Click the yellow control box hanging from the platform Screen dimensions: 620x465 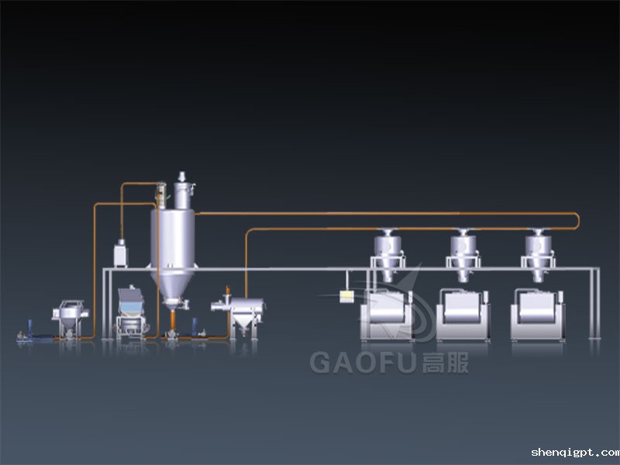coord(346,297)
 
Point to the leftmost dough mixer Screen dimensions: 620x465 coord(386,315)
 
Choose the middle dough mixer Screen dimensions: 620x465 coord(463,315)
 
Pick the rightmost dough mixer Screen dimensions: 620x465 coord(538,315)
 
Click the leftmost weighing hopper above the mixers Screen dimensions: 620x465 coord(387,254)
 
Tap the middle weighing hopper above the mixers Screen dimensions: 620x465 coord(463,254)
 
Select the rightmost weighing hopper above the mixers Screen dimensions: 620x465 coord(538,254)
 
